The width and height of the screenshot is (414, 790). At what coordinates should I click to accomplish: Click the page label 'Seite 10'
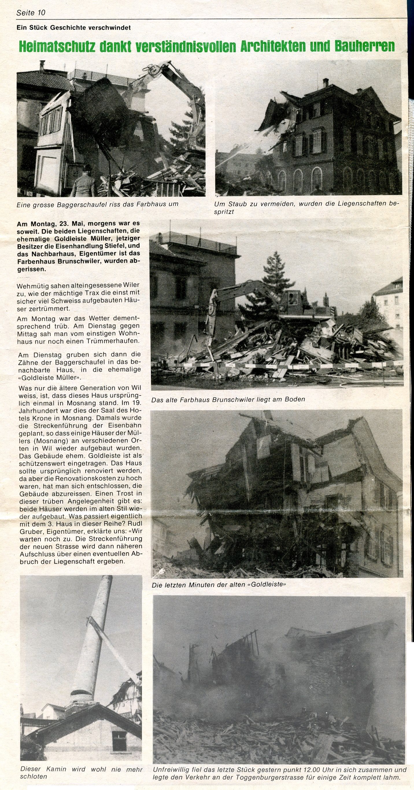pyautogui.click(x=31, y=12)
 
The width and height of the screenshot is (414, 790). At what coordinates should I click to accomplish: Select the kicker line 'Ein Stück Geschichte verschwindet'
pyautogui.click(x=74, y=27)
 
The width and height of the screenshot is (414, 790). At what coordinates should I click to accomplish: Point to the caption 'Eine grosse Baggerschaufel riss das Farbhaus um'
pyautogui.click(x=97, y=204)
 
